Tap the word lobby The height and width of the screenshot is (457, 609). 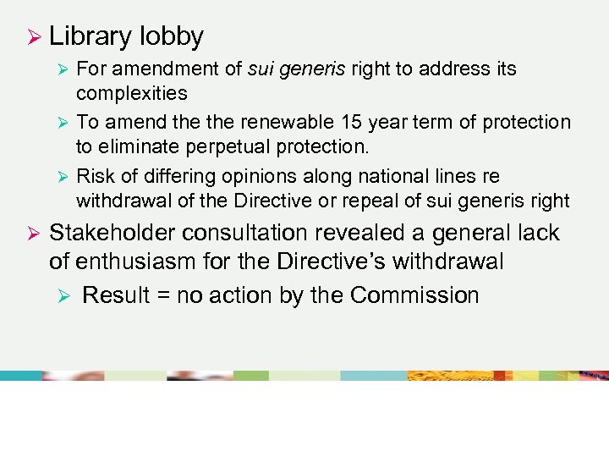[172, 36]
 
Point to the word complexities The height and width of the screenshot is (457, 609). [132, 92]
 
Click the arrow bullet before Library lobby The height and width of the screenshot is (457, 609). [34, 37]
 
